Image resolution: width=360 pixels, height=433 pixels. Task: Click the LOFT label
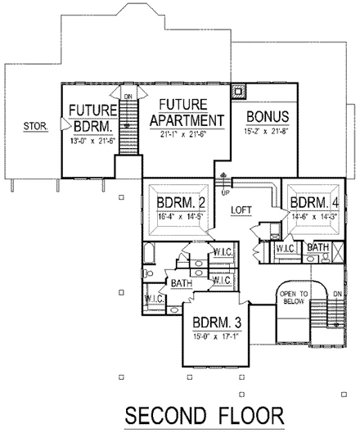pos(241,210)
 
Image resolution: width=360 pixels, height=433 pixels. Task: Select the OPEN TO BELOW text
pos(295,297)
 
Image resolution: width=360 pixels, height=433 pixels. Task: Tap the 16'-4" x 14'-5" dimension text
pos(178,217)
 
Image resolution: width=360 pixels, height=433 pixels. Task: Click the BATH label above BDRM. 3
pos(181,283)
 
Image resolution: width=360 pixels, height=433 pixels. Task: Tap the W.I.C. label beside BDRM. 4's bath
pos(286,247)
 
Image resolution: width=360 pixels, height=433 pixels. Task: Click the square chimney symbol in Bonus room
pos(238,91)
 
